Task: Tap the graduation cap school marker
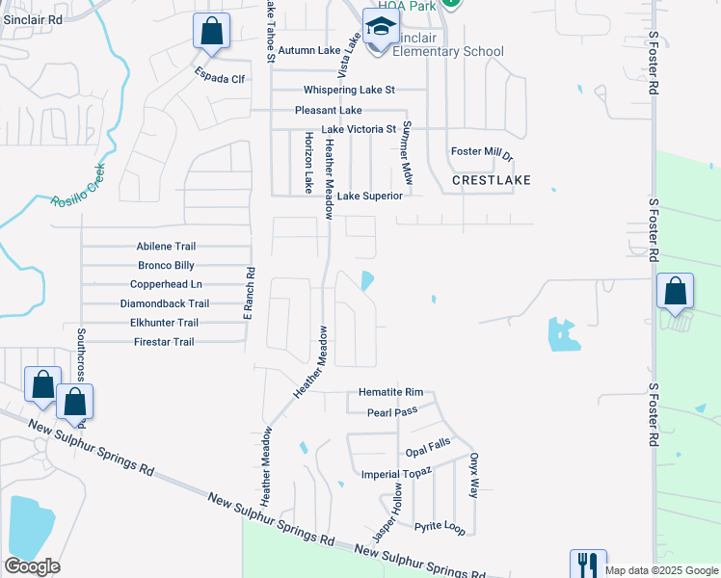pos(380,29)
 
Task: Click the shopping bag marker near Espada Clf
pos(211,31)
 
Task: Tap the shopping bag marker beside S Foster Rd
pos(676,291)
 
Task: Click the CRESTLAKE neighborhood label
pos(491,180)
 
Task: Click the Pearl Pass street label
pos(391,412)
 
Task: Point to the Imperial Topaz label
pos(397,474)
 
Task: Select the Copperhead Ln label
pos(166,284)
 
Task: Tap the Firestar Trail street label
pos(164,342)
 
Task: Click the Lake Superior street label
pos(369,196)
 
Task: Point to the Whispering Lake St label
pos(350,91)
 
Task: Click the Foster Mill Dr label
pos(483,152)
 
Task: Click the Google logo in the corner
pos(32,566)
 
